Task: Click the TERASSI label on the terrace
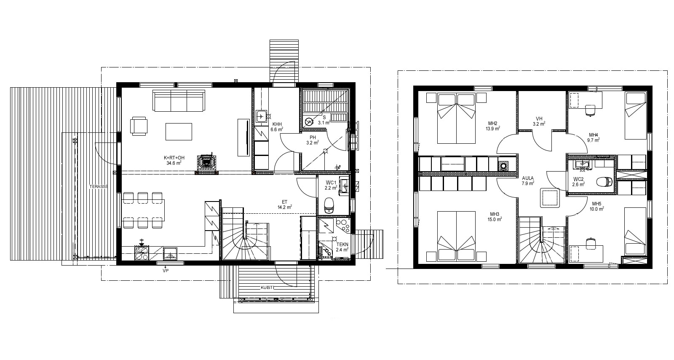click(98, 187)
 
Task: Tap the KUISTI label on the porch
click(267, 287)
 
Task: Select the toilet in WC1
click(329, 205)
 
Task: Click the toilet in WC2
click(604, 182)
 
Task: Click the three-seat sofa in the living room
click(179, 100)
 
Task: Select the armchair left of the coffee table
click(139, 126)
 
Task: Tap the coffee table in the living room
click(179, 132)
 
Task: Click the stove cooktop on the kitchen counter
click(142, 253)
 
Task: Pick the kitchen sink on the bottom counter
click(170, 253)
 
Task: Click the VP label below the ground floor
click(166, 271)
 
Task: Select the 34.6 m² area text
click(174, 163)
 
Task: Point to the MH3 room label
click(495, 214)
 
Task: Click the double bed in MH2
click(457, 118)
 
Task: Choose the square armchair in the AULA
click(550, 198)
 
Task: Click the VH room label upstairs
click(539, 118)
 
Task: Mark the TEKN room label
click(342, 244)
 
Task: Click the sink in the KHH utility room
click(261, 116)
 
